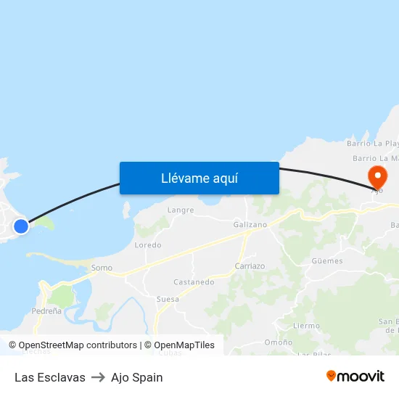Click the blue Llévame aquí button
199,178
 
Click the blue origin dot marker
21,226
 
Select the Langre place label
181,210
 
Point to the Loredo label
148,245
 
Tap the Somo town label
102,268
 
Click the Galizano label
250,225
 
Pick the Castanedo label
194,281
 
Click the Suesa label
168,299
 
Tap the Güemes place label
326,260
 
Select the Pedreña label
47,310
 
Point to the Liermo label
306,326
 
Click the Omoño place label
279,342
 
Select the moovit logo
355,376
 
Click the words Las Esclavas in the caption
50,377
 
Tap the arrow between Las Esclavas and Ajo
98,377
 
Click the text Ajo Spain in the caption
136,377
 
